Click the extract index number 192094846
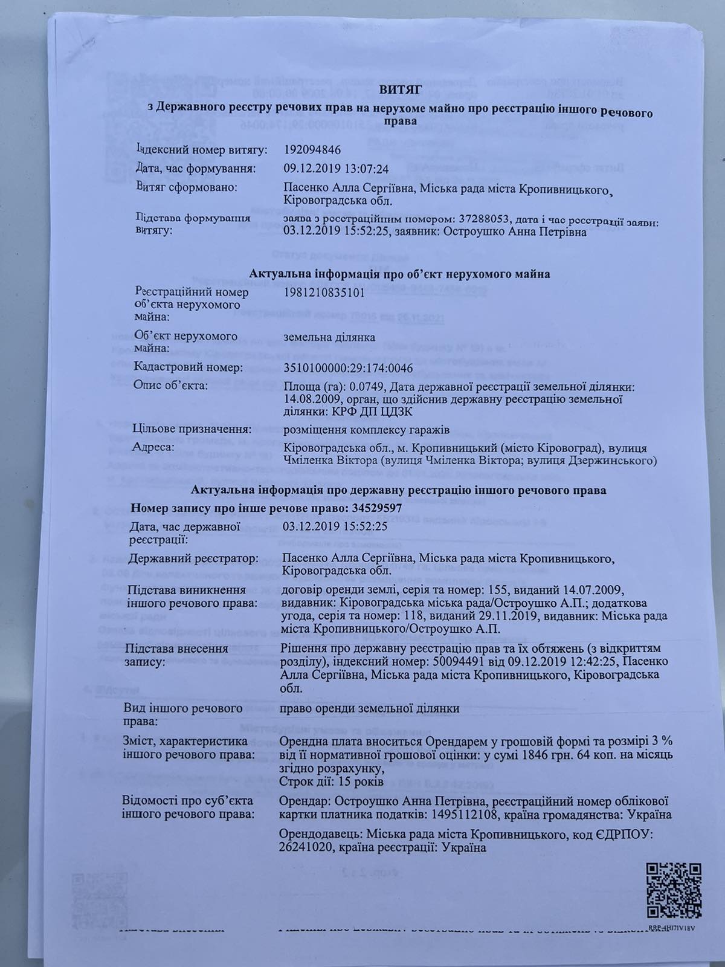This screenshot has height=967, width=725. pos(316,149)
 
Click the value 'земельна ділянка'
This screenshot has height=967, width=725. pos(329,337)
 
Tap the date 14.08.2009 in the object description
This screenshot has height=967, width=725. pos(309,399)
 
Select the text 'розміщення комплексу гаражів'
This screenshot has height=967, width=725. pos(359,430)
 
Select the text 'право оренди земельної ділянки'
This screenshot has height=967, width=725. pos(370,708)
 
